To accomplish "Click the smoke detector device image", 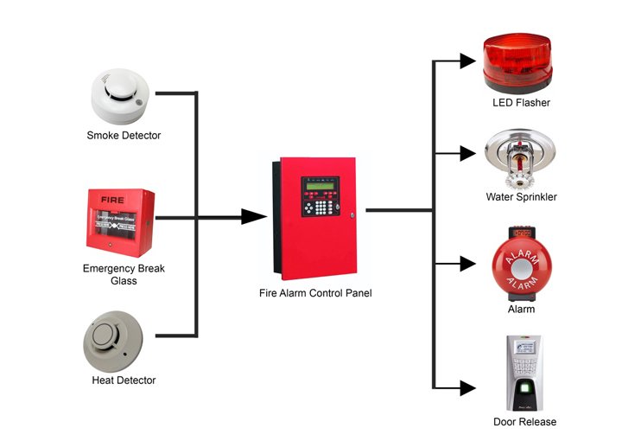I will (124, 97).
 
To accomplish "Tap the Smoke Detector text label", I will (124, 136).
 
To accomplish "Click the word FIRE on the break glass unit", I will (113, 199).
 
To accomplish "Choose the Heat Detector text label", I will (124, 380).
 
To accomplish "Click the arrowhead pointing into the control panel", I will (252, 217).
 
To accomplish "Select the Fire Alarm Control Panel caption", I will (315, 294).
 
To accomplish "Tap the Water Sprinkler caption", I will (520, 197).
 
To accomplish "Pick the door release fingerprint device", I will (524, 373).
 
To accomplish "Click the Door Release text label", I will (524, 422).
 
